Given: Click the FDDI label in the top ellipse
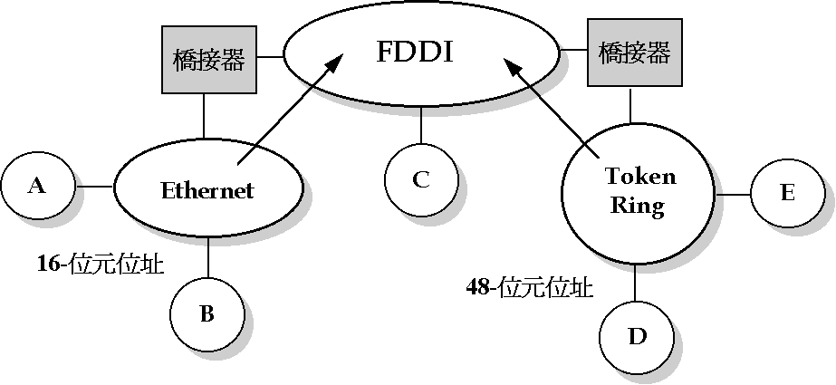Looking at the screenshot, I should click(x=414, y=52).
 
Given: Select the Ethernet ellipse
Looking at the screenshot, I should click(x=207, y=189).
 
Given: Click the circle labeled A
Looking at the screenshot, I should click(x=37, y=187).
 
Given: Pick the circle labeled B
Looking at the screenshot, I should click(x=207, y=314).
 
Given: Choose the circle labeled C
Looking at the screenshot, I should click(x=421, y=179).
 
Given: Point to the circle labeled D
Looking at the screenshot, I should click(x=637, y=337).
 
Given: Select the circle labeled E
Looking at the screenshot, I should click(x=786, y=193).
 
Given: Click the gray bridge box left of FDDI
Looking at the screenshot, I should click(x=208, y=60).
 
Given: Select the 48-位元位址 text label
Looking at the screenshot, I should click(x=530, y=288).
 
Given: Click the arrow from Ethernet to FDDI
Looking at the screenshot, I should click(x=290, y=109).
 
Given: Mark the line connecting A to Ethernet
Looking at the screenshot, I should click(x=93, y=187).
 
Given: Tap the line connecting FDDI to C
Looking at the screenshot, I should click(x=420, y=130).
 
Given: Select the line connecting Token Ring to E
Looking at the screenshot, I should click(x=733, y=194).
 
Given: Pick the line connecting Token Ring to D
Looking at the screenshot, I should click(x=636, y=287).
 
